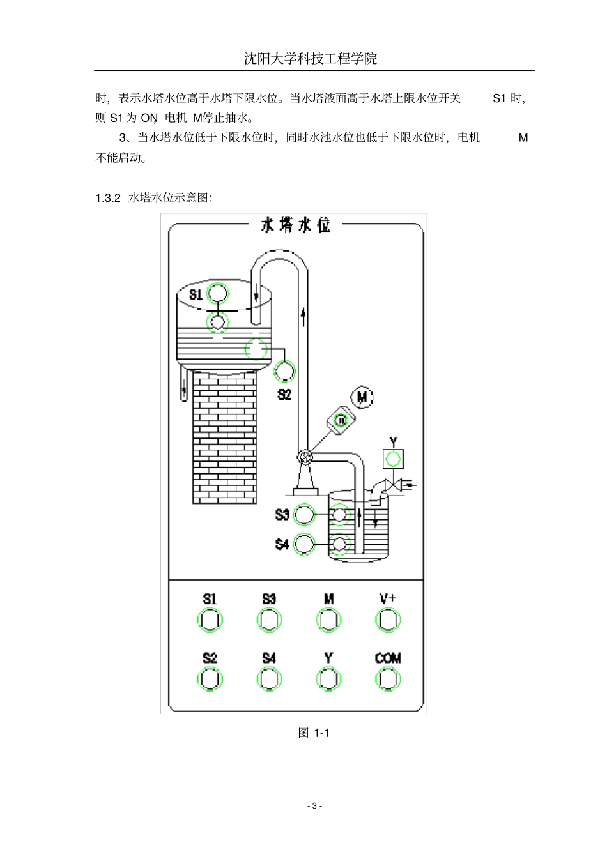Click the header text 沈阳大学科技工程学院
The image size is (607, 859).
(311, 59)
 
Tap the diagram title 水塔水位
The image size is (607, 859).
(295, 225)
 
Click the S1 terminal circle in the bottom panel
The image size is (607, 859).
(210, 620)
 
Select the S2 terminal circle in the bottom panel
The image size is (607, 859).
(210, 678)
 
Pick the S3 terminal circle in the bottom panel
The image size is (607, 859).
(269, 620)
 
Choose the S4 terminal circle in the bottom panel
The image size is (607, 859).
(269, 678)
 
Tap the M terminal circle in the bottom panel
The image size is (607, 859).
(328, 620)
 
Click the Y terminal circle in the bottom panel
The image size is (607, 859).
(328, 678)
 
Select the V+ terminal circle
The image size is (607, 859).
(388, 620)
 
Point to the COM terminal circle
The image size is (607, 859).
(388, 678)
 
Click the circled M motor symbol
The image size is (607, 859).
(363, 398)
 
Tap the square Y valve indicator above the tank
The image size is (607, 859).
(393, 459)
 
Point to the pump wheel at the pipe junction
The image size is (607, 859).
(305, 456)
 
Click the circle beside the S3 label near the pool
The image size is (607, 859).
(304, 514)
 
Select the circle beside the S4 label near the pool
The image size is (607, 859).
(304, 544)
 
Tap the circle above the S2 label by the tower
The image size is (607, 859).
(284, 370)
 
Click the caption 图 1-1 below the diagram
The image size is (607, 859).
(313, 733)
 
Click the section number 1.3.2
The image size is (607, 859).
(108, 197)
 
